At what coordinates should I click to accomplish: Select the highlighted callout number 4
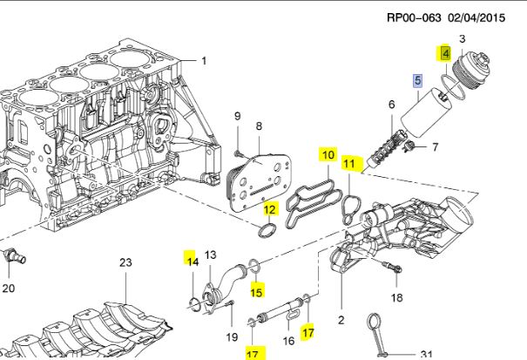(445, 53)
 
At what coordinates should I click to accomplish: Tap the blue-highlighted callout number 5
(417, 81)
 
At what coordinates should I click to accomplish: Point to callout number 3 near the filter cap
(462, 38)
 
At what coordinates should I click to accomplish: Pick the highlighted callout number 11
(348, 163)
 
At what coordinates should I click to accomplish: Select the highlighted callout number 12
(270, 209)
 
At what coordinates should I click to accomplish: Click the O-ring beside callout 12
(269, 230)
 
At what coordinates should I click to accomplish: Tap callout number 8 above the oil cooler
(258, 126)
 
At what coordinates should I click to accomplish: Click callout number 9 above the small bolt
(236, 117)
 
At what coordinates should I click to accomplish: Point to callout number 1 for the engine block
(205, 61)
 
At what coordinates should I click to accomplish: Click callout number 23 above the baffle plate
(125, 262)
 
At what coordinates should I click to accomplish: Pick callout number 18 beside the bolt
(397, 298)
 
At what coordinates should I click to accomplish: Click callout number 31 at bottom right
(426, 353)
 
